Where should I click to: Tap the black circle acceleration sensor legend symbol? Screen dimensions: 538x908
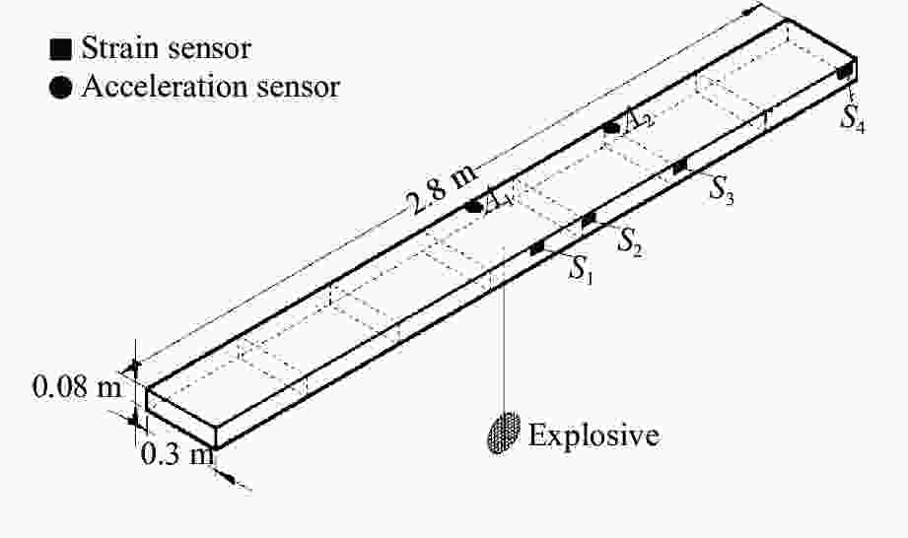(62, 88)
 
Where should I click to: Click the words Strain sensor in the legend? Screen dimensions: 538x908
(167, 47)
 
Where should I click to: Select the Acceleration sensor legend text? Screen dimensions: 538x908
(210, 87)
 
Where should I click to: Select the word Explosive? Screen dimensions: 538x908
(594, 435)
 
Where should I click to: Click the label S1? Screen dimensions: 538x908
(582, 269)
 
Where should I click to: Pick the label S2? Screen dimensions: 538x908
(630, 240)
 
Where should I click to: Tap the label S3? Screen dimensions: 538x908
(723, 189)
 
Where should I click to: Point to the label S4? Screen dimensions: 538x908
(853, 117)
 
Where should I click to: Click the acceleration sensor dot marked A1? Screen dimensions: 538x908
(475, 207)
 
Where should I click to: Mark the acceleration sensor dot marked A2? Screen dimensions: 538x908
(611, 127)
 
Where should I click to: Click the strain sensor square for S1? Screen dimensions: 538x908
(537, 248)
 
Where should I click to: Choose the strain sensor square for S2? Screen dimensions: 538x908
(589, 221)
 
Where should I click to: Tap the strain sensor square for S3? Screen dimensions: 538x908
(679, 167)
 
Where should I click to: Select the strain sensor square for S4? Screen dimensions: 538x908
(844, 72)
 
